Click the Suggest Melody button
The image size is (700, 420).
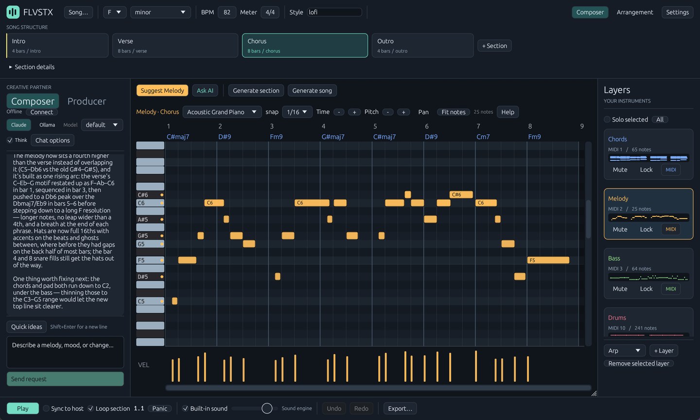[162, 90]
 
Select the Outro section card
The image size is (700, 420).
[422, 46]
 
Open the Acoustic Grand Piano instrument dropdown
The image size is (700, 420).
[222, 112]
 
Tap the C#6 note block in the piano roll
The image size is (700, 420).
[461, 194]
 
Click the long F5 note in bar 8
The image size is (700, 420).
[548, 260]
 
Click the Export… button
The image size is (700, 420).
[400, 408]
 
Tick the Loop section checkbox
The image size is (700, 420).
[90, 408]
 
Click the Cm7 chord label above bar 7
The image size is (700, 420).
[483, 137]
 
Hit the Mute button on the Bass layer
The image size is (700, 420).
[620, 289]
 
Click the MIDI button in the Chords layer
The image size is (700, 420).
[671, 170]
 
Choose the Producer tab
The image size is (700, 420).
[87, 101]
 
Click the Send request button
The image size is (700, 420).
[65, 379]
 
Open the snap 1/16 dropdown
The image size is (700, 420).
[297, 112]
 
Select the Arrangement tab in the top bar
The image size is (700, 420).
[635, 12]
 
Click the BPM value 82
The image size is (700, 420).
[227, 12]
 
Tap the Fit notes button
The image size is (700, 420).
[454, 112]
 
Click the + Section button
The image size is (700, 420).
[494, 46]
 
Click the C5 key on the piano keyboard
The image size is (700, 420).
[150, 301]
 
